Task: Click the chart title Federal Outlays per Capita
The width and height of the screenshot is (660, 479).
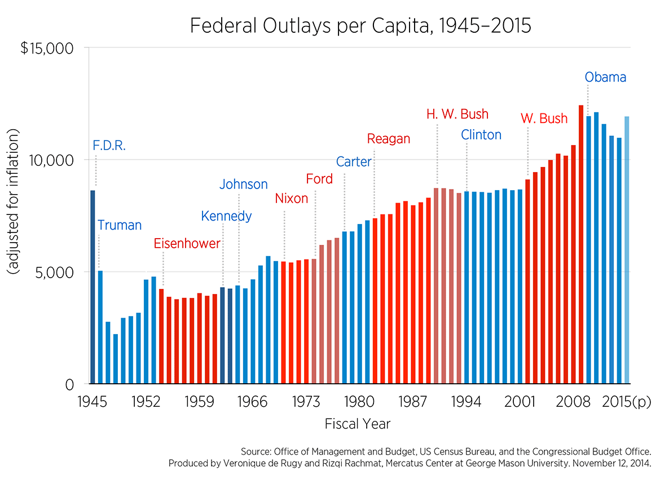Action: tap(360, 26)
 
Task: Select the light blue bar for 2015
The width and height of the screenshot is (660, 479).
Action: tap(627, 250)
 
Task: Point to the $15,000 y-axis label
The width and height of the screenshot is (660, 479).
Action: tap(47, 49)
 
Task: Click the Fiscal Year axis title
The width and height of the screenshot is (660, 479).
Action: tap(358, 423)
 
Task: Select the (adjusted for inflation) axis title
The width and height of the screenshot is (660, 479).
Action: tap(14, 202)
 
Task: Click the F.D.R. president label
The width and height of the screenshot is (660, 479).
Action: tap(109, 146)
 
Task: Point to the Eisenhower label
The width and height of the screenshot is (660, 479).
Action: tap(187, 244)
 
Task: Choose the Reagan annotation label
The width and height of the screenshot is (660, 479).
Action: tap(388, 139)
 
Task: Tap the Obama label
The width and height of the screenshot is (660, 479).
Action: tap(605, 77)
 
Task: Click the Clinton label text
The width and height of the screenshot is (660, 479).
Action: tap(481, 135)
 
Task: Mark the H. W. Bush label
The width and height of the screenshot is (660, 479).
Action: tap(457, 115)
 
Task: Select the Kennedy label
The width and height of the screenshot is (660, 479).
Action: tap(226, 216)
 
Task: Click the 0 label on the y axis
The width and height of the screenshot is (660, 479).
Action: tap(70, 385)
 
